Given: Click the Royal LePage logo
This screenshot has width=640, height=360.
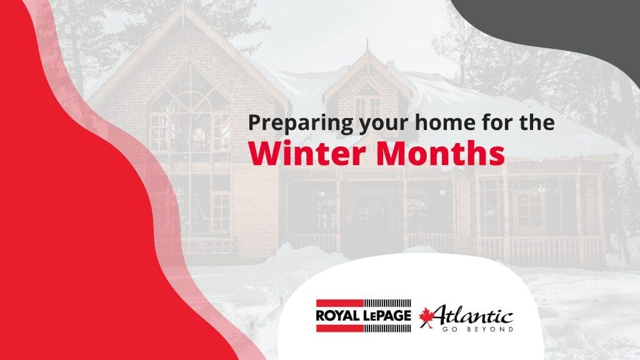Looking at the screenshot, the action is click(364, 316).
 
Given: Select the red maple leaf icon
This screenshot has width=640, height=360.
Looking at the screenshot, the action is click(427, 317).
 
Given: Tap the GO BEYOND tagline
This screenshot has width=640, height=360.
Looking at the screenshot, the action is click(477, 329).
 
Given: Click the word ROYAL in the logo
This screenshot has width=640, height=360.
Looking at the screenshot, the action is click(337, 316).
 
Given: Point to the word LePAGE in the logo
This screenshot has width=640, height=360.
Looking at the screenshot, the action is click(385, 316).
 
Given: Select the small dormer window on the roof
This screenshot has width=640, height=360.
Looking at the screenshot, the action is click(367, 106).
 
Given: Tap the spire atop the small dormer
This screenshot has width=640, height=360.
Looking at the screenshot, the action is click(367, 45).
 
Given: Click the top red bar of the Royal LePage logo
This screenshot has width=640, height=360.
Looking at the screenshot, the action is click(339, 303).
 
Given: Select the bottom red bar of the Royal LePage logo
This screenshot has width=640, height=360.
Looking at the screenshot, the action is click(339, 329).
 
